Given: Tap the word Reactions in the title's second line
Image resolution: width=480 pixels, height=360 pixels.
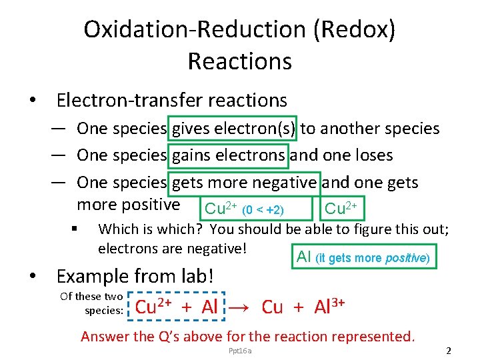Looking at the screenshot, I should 239,61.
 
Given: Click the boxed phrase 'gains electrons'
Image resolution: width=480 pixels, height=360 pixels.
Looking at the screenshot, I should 229,155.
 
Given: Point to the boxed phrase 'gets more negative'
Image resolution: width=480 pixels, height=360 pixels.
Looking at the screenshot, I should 244,182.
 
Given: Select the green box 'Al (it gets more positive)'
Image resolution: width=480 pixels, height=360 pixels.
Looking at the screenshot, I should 364,257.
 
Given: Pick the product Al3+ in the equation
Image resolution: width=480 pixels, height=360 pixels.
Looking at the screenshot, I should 329,307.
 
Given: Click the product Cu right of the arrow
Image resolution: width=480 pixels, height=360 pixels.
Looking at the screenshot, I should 272,307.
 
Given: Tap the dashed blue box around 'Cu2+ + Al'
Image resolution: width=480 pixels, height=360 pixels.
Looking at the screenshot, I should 177,307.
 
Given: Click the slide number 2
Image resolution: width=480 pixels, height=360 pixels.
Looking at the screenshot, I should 449,351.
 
